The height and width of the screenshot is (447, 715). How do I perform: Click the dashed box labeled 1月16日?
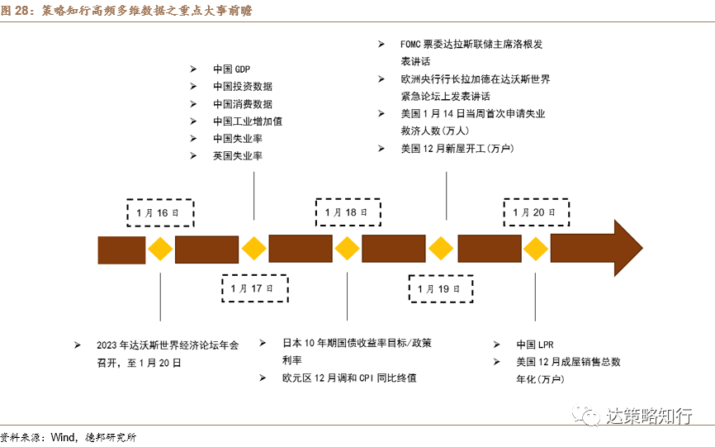click(159, 212)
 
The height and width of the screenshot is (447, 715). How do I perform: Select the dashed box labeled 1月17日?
click(253, 288)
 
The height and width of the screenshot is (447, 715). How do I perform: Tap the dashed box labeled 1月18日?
click(348, 212)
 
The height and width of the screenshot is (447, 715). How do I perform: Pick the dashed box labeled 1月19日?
click(442, 288)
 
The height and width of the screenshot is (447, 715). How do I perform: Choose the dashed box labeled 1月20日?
click(536, 212)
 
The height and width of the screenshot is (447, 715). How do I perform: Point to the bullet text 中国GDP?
click(230, 69)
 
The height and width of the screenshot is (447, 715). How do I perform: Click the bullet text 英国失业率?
click(237, 155)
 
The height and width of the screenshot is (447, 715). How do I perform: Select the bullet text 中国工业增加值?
click(248, 121)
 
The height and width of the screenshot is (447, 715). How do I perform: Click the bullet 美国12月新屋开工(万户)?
click(457, 149)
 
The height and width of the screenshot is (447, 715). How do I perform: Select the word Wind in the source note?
click(64, 436)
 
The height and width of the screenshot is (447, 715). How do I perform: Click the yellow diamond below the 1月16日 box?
click(159, 248)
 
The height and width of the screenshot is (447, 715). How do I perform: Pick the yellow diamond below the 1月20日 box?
click(536, 248)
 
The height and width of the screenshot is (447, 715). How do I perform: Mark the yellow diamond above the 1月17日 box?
click(253, 248)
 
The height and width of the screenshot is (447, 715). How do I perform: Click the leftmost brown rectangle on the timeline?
click(121, 249)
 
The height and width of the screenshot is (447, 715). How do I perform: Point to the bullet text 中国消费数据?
click(242, 103)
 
